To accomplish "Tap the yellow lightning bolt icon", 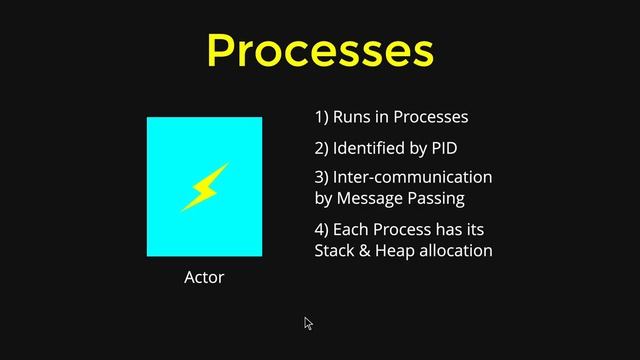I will click(x=204, y=187).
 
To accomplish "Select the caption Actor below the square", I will click(x=204, y=277).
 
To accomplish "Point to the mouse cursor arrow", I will click(x=308, y=323).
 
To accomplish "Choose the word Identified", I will click(x=372, y=148).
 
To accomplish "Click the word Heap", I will click(x=395, y=250).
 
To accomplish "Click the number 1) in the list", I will click(x=322, y=117).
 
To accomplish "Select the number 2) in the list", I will click(x=322, y=148).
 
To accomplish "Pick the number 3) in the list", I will click(x=322, y=177).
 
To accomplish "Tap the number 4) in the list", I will click(x=322, y=229).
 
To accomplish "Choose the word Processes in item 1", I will click(x=430, y=117).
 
